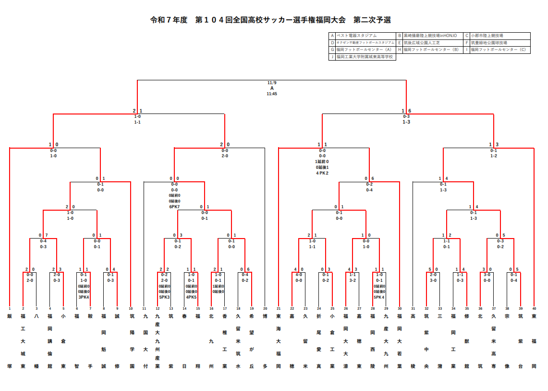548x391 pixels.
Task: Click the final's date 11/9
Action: (272, 83)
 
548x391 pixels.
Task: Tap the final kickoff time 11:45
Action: (272, 94)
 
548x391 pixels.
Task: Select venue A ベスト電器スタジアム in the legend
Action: (356, 36)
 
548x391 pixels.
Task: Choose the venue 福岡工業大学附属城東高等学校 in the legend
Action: (365, 56)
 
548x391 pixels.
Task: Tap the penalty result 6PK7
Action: (174, 207)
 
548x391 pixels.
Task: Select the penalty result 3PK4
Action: (84, 297)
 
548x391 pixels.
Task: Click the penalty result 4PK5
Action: (191, 297)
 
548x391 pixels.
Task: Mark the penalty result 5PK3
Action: (164, 297)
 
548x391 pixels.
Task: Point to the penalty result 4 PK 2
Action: (322, 173)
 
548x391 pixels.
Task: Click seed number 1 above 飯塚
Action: (10, 308)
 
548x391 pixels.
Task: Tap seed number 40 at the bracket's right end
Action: (534, 308)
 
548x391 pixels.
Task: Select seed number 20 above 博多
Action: (265, 308)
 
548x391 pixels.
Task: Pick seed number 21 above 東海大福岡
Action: (279, 308)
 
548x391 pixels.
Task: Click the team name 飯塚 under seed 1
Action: (10, 341)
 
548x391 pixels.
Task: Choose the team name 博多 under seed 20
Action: (265, 341)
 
